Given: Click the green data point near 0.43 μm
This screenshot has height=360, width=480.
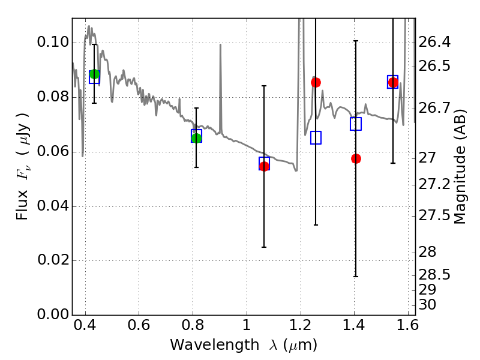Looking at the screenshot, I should [94, 74].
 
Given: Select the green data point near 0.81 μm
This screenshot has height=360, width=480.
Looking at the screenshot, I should [196, 138].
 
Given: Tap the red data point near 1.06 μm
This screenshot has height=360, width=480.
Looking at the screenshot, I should [264, 166].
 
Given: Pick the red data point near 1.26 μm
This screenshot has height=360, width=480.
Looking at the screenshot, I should [316, 82].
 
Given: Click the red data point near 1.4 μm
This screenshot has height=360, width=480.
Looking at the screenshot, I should [356, 158].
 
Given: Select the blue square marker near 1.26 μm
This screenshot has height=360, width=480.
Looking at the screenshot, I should [316, 137].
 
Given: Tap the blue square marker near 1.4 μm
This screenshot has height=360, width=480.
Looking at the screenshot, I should [356, 124].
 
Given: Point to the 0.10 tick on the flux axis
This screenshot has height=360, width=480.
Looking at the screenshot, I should [72, 43].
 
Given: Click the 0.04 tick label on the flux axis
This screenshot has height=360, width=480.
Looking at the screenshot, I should [52, 206].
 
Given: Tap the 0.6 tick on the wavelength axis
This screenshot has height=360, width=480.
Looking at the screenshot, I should [139, 315].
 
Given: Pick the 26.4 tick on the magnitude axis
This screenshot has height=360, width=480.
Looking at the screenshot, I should [415, 43].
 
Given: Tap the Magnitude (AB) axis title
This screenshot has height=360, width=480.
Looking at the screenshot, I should [460, 167].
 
